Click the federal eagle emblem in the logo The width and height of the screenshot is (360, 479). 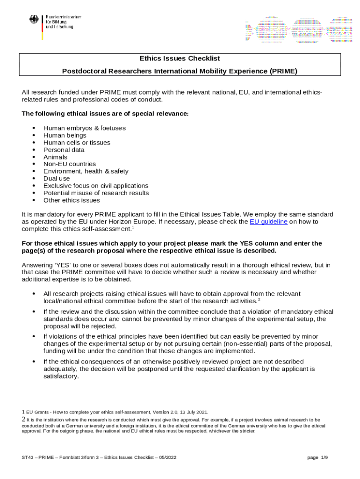34,20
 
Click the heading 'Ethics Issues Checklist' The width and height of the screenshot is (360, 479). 180,58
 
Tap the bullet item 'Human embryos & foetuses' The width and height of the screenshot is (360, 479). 84,128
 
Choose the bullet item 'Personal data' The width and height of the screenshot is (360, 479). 64,150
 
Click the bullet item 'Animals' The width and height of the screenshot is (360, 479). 55,157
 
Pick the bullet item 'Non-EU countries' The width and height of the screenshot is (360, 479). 69,164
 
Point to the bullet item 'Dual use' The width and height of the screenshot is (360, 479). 57,179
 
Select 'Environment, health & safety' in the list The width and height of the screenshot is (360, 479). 86,171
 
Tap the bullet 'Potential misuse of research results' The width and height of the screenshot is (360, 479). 96,193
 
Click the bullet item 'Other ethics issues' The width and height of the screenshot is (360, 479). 72,200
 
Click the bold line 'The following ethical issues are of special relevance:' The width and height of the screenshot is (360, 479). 105,114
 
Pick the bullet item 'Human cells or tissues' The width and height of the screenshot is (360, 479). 77,143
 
